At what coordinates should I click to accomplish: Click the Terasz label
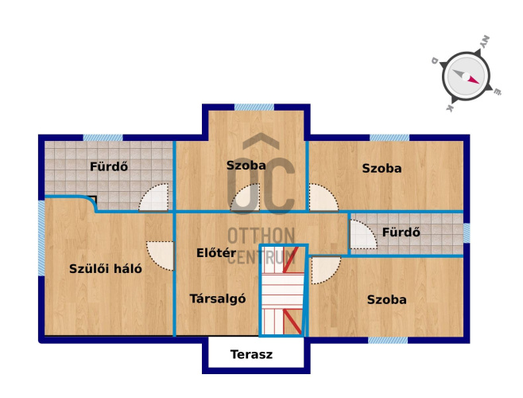pos(251,354)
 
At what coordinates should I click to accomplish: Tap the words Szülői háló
pos(106,269)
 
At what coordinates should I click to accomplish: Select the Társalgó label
pos(218,298)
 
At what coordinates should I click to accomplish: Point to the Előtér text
pos(216,252)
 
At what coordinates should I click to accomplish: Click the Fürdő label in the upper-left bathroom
pos(109,166)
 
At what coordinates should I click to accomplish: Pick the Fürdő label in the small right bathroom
pos(401,232)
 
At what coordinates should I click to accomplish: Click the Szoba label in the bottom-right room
pos(387,299)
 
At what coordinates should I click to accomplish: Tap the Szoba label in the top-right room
pos(382,168)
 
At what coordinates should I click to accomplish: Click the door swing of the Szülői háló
pos(161,256)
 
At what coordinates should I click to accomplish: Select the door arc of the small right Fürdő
pos(363,234)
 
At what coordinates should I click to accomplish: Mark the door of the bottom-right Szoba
pos(326,270)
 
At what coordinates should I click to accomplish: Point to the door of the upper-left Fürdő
pos(153,197)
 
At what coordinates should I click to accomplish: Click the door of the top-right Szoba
pos(323,197)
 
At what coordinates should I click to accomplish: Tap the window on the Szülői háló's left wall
pos(41,238)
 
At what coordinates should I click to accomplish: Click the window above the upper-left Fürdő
pos(103,138)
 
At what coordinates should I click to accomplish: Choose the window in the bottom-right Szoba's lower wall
pos(388,340)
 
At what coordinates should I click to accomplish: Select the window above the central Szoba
pos(254,107)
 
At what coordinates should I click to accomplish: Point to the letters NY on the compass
pos(486,41)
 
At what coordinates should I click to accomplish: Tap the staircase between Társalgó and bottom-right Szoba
pos(283,291)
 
